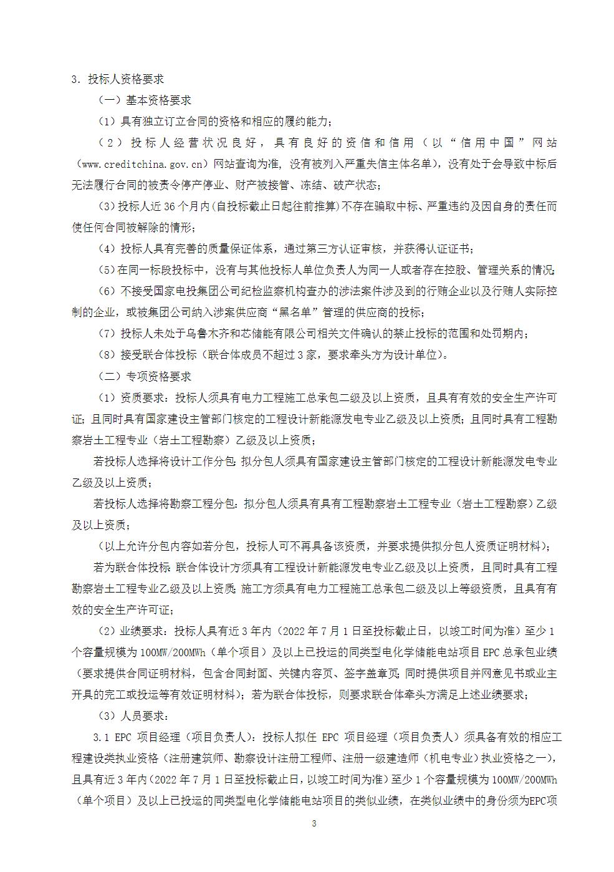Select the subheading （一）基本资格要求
(x=144, y=100)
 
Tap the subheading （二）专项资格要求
(x=144, y=377)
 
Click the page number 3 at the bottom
(x=314, y=823)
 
